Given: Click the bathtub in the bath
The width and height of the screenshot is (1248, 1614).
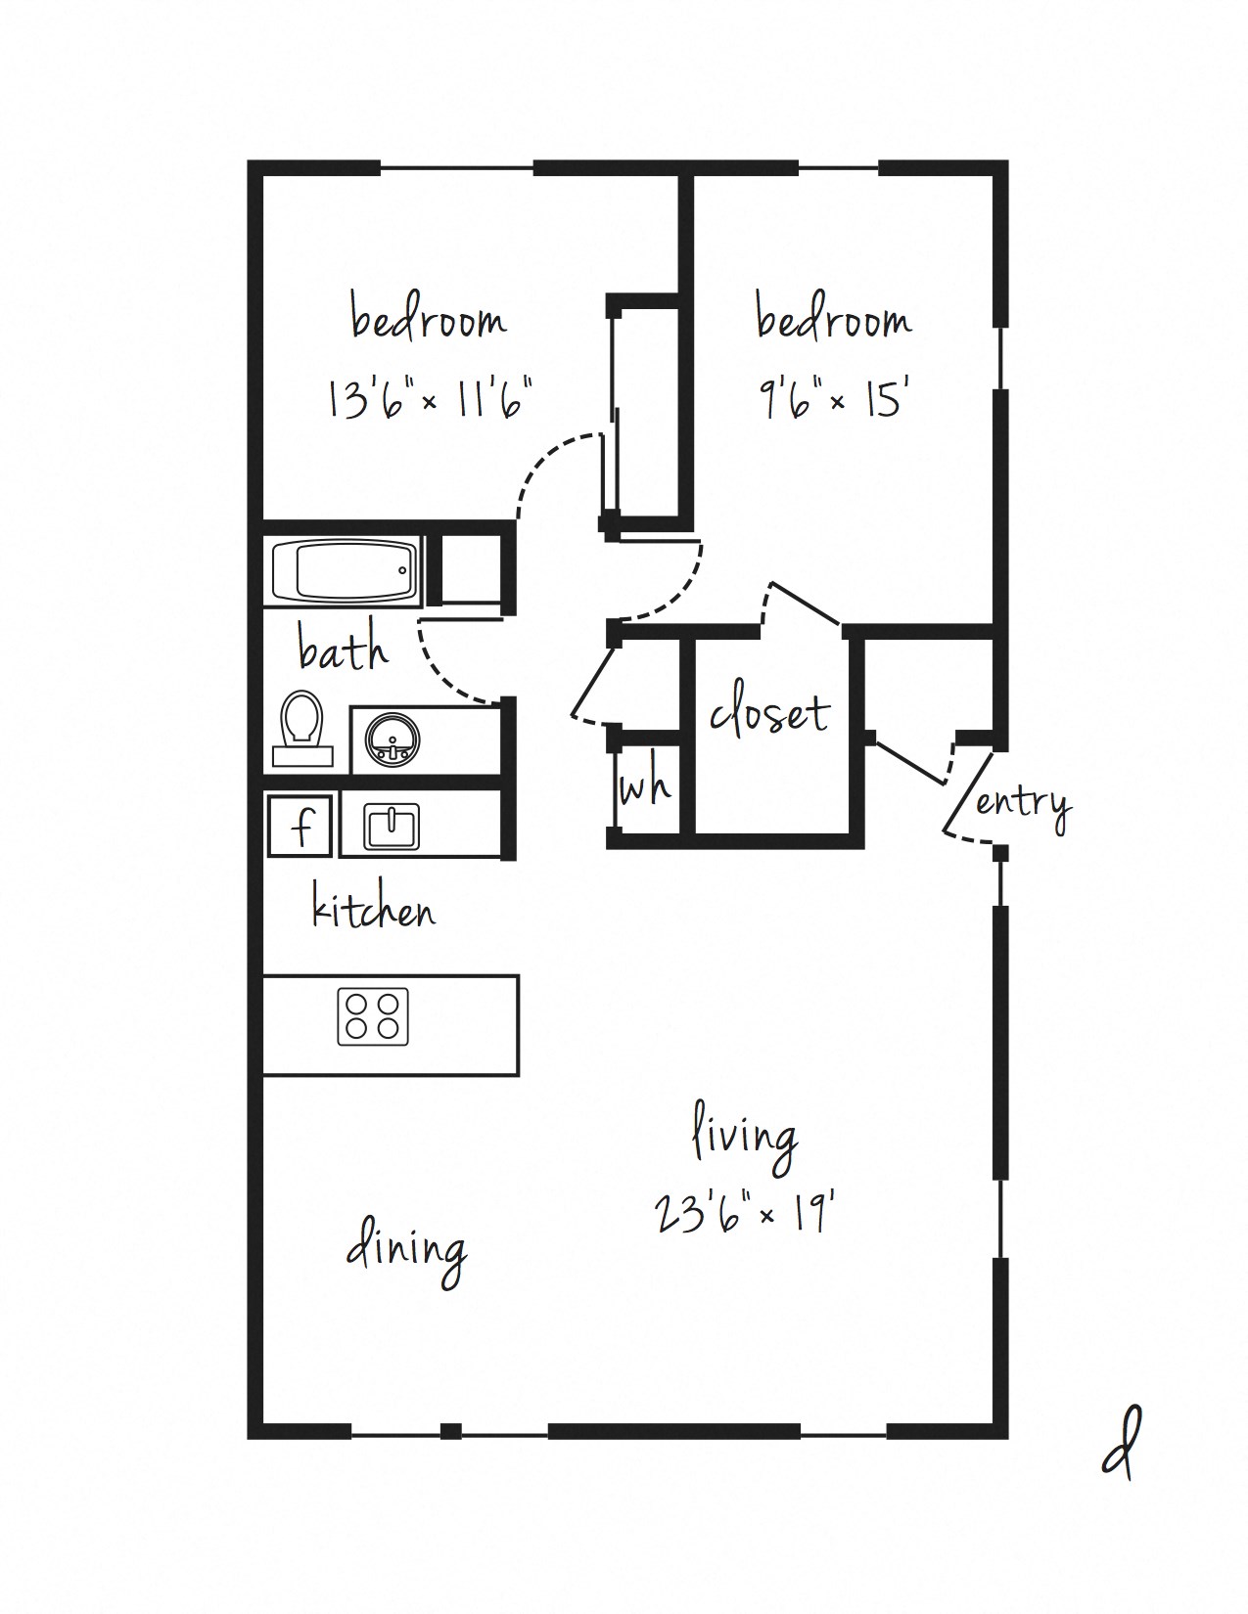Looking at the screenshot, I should click(344, 570).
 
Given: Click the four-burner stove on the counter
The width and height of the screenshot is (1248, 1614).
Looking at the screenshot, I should click(373, 1016).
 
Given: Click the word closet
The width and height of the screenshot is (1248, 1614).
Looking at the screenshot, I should click(769, 713).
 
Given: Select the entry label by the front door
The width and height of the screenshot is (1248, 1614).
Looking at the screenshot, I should click(1022, 804).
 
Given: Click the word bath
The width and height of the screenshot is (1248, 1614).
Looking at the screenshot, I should click(342, 650).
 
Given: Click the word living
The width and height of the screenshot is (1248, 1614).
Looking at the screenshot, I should click(744, 1139).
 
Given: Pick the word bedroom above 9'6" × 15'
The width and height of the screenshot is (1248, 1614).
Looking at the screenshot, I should click(833, 320).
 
